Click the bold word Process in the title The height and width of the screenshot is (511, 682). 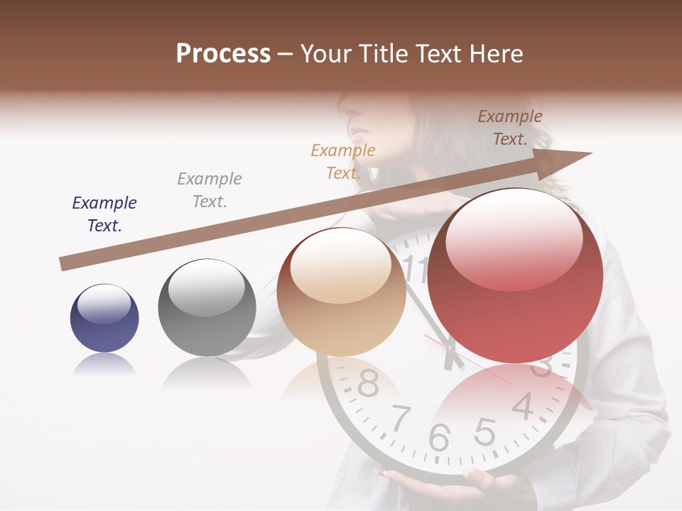coord(223,54)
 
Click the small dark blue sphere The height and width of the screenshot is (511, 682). coord(104,318)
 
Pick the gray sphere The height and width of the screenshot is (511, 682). coord(207,307)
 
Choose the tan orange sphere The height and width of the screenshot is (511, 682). coord(341,292)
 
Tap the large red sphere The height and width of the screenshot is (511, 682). coord(515,275)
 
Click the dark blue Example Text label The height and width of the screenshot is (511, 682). coord(104,214)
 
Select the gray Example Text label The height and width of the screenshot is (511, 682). coord(210,190)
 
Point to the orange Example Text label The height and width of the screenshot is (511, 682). coord(343,161)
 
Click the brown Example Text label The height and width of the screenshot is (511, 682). coord(510,128)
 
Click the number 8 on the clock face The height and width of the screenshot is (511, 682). coord(367,383)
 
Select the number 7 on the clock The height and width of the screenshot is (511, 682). coord(401,419)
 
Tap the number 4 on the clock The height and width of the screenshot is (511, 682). coord(523,406)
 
